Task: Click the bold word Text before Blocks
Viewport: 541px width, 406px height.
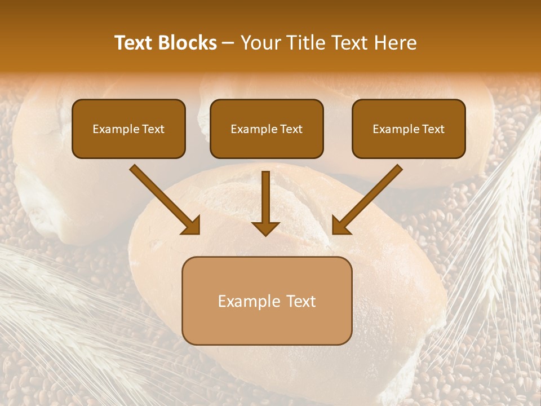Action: coord(134,43)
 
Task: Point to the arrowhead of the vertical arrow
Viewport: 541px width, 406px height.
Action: coord(265,228)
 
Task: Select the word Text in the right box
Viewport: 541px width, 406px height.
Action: coord(433,129)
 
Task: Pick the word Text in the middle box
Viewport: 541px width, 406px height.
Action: coord(291,129)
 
